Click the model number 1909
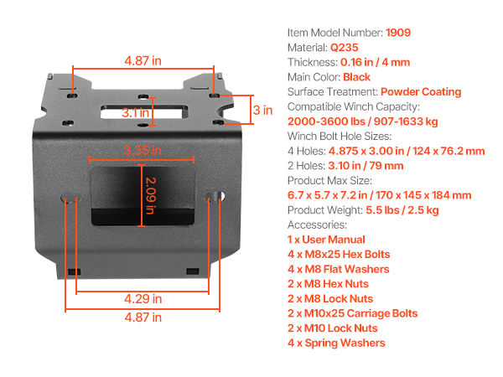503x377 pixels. pyautogui.click(x=398, y=33)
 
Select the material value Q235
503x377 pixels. pyautogui.click(x=345, y=48)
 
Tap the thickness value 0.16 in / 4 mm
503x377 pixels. pyautogui.click(x=376, y=62)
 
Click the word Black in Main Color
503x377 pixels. pyautogui.click(x=357, y=77)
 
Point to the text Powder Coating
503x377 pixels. pyautogui.click(x=421, y=91)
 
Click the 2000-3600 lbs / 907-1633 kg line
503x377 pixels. pyautogui.click(x=362, y=121)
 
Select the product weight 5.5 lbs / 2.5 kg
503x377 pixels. pyautogui.click(x=402, y=210)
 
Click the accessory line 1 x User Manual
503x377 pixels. pyautogui.click(x=326, y=240)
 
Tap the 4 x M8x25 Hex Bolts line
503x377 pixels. pyautogui.click(x=339, y=254)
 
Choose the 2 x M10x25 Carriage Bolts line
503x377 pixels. pyautogui.click(x=353, y=313)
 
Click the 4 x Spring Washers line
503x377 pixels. pyautogui.click(x=336, y=343)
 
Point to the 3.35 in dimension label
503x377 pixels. pyautogui.click(x=143, y=150)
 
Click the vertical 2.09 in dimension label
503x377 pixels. pyautogui.click(x=150, y=195)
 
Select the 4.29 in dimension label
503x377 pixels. pyautogui.click(x=143, y=299)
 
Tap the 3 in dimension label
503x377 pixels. pyautogui.click(x=262, y=111)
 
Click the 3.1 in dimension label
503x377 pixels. pyautogui.click(x=135, y=112)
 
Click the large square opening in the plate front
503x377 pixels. pyautogui.click(x=143, y=196)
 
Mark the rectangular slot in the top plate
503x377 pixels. pyautogui.click(x=143, y=111)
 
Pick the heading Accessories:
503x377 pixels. pyautogui.click(x=317, y=225)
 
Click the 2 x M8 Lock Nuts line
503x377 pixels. pyautogui.click(x=330, y=298)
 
